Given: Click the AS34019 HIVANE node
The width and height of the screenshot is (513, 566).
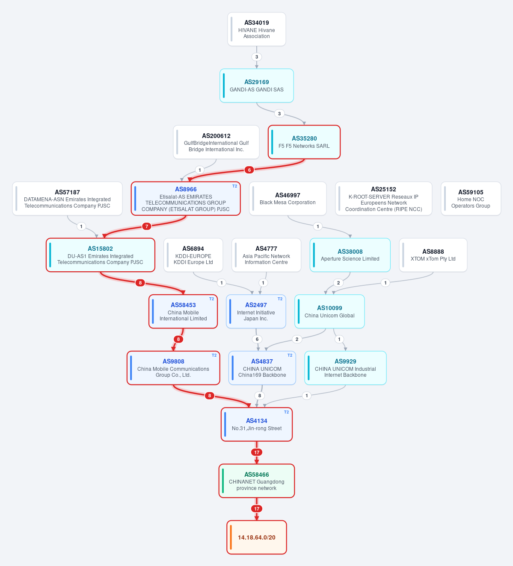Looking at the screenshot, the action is point(257,29).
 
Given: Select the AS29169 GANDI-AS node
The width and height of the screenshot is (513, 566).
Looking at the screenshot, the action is point(257,85).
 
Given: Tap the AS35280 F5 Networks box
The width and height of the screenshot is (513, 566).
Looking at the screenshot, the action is point(304,142).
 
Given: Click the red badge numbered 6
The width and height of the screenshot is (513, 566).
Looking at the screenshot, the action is point(249,170).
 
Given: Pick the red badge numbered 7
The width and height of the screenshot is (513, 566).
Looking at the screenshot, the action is point(146,226).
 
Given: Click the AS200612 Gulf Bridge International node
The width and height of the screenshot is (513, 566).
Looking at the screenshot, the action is point(216,142).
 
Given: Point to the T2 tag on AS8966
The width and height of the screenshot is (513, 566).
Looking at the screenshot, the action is point(234,186).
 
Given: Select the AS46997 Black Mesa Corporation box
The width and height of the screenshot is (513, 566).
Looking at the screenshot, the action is point(288,198).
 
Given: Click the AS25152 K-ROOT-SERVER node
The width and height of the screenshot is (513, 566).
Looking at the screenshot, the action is point(383,198).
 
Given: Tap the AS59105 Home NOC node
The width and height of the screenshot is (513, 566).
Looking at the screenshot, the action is point(471,198).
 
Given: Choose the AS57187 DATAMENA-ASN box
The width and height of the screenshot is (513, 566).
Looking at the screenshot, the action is point(67,198).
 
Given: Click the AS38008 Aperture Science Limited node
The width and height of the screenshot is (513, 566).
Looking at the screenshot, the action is point(350,255).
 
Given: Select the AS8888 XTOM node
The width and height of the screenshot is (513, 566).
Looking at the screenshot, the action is point(433,255).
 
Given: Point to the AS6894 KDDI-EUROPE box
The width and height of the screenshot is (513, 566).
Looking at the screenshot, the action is point(193,255).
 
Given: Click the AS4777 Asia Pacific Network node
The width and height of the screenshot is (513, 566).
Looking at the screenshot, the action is point(266,255).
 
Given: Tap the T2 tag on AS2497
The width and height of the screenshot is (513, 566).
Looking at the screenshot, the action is point(280,299).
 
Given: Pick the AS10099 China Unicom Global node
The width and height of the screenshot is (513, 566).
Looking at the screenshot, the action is point(329,311).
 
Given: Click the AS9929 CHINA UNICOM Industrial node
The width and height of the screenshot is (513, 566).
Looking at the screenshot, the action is point(345,368).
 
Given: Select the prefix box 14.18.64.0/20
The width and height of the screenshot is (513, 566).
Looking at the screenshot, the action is point(257,537).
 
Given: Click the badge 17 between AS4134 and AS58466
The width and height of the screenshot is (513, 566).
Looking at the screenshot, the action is point(257,452).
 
